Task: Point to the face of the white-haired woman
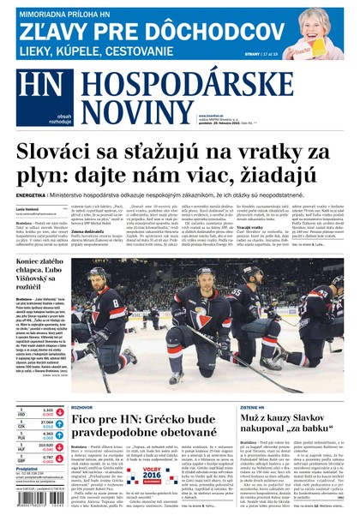coord(321,25)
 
